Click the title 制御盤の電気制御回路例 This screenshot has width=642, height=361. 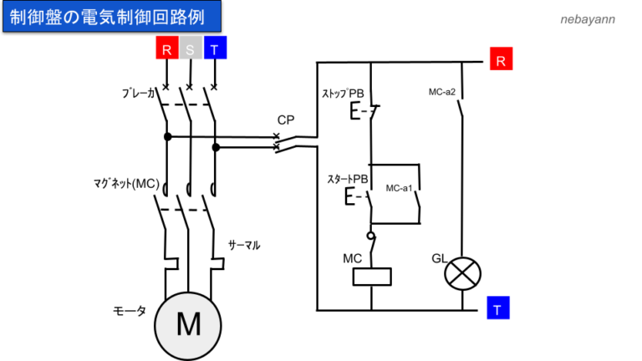tap(114, 16)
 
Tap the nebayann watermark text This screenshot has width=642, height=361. tap(587, 18)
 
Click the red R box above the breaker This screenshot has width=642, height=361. tap(166, 49)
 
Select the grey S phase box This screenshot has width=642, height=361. tap(190, 49)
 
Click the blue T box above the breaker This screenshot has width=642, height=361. tap(215, 49)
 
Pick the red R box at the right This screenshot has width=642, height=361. tap(499, 60)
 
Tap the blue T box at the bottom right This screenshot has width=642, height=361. tap(498, 308)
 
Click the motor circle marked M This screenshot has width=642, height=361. tap(189, 323)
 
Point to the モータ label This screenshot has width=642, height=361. tap(130, 310)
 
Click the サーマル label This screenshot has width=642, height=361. tap(244, 246)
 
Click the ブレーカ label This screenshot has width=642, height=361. tap(139, 93)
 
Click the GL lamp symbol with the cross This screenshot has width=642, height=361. tap(461, 273)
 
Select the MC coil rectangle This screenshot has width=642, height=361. tap(370, 277)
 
